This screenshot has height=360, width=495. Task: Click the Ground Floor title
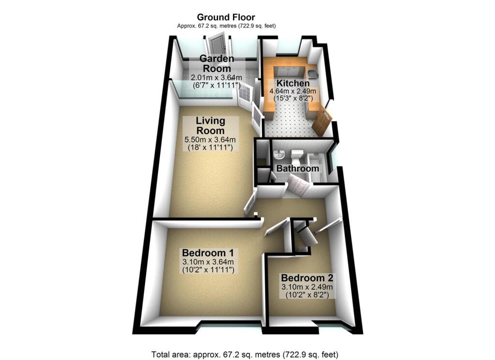226,17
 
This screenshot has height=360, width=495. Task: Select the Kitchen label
293,83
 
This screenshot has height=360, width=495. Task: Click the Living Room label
211,126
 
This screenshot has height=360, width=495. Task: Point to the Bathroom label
297,169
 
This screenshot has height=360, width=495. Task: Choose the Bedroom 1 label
208,253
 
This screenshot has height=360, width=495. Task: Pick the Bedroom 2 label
307,278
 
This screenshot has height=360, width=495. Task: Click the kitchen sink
313,73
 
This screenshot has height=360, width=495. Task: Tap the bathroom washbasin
279,154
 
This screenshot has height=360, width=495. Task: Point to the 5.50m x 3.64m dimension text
210,139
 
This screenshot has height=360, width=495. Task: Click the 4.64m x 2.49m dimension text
292,91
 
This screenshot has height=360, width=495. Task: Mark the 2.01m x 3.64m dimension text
217,77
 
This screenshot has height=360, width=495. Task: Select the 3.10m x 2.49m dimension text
307,287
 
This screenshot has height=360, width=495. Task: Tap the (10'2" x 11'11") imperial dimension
208,270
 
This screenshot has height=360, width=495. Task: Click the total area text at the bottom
245,354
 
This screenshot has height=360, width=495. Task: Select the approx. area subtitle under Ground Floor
226,26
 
